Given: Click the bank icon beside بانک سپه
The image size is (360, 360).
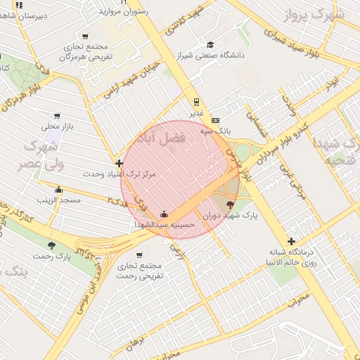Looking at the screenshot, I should (x=215, y=120).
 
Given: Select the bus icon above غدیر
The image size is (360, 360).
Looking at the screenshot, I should (x=196, y=101).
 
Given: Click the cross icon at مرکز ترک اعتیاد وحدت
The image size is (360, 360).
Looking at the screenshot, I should (x=118, y=163).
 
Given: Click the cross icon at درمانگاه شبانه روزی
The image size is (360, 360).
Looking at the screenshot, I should (x=291, y=241).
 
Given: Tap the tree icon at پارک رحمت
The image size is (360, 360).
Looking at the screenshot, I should (x=51, y=245).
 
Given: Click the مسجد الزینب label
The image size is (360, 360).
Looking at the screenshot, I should (x=60, y=200).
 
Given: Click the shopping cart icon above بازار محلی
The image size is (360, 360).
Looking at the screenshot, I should (x=57, y=116).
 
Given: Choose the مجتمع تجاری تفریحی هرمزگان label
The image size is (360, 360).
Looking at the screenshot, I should (x=86, y=51).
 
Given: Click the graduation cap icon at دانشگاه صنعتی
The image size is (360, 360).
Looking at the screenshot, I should (x=209, y=44).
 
